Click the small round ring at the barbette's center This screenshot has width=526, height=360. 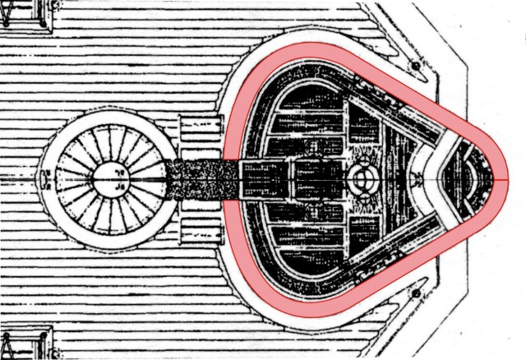[x=362, y=178]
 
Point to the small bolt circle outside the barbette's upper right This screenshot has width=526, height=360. [x=418, y=65]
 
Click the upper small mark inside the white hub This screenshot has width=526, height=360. [x=120, y=171]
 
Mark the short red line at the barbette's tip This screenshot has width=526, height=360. [x=488, y=179]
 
